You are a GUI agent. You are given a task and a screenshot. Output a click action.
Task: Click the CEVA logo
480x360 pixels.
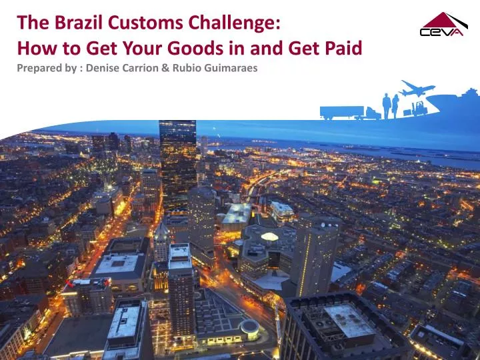(441, 26)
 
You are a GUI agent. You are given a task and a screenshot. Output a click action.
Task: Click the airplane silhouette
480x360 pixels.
(416, 88)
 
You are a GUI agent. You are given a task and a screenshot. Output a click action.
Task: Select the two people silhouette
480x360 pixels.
(391, 105)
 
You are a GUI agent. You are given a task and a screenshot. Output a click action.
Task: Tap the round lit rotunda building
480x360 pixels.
(250, 327)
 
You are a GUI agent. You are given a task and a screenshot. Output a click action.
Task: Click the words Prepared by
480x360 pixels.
(44, 68)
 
